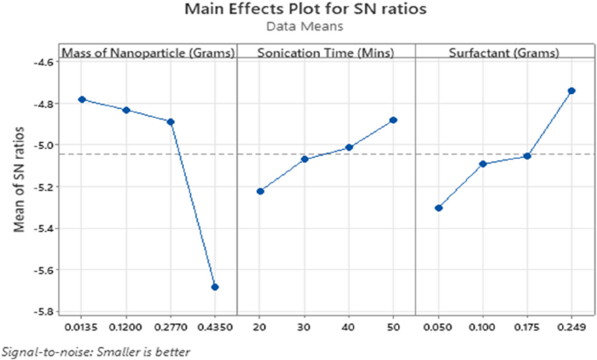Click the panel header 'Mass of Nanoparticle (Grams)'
[148, 53]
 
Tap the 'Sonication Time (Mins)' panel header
[326, 53]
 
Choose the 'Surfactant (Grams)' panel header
[504, 53]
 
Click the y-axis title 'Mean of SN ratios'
[17, 184]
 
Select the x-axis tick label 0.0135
[82, 329]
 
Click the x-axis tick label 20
[260, 329]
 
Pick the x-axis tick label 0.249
[571, 329]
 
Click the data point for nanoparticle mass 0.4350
[215, 287]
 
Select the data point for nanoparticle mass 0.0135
[82, 99]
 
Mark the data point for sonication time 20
[260, 191]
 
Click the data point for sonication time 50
[393, 119]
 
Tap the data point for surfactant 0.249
[572, 91]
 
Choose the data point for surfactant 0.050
[438, 207]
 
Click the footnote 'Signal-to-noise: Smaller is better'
[94, 351]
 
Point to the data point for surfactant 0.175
[527, 156]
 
